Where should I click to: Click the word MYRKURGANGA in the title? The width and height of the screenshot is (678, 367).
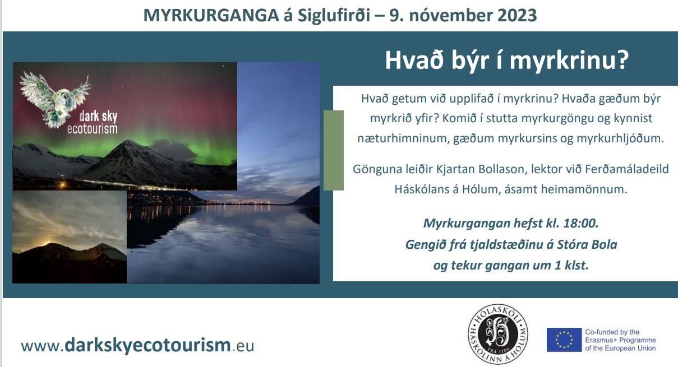tap(211, 16)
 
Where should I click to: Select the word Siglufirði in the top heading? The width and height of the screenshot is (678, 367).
tap(334, 16)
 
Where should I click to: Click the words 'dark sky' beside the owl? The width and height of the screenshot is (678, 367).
tap(98, 117)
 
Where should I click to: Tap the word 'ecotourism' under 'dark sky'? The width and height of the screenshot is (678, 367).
tap(93, 129)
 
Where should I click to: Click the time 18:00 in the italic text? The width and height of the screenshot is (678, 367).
tap(580, 224)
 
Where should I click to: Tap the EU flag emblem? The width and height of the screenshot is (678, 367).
tap(564, 340)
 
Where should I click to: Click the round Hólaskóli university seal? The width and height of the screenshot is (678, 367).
tap(498, 334)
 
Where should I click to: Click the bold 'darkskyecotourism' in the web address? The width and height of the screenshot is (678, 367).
tap(147, 345)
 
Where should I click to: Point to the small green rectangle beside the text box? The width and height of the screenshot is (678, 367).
tap(334, 151)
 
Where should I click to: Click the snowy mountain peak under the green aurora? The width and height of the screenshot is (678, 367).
tap(128, 142)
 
